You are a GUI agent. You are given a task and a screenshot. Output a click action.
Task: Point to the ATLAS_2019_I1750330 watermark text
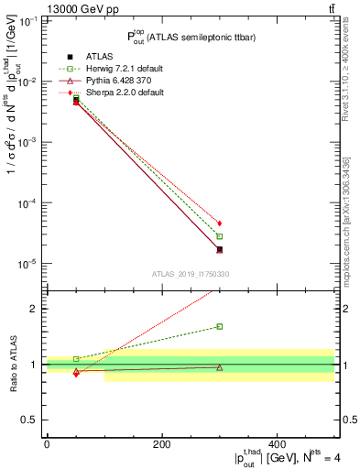[190, 274]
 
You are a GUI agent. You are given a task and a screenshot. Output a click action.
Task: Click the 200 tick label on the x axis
[162, 444]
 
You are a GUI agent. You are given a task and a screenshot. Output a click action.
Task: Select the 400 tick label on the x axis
[277, 444]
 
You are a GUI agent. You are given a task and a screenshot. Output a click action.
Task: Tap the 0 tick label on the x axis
[47, 444]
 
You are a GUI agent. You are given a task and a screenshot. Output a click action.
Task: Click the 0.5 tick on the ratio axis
[33, 420]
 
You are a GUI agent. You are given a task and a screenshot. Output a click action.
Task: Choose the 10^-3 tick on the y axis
[28, 143]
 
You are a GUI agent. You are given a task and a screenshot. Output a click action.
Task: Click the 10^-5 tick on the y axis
[28, 264]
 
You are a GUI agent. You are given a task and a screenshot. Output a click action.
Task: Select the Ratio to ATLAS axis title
[12, 365]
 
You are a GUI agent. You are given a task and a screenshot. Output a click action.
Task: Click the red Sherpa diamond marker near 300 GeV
[220, 224]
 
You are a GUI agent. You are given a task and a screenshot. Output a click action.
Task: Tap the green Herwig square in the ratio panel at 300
[220, 326]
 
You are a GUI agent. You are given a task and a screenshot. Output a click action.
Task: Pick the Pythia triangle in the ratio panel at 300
[220, 367]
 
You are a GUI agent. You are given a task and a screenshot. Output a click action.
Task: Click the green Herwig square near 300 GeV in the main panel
[220, 236]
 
